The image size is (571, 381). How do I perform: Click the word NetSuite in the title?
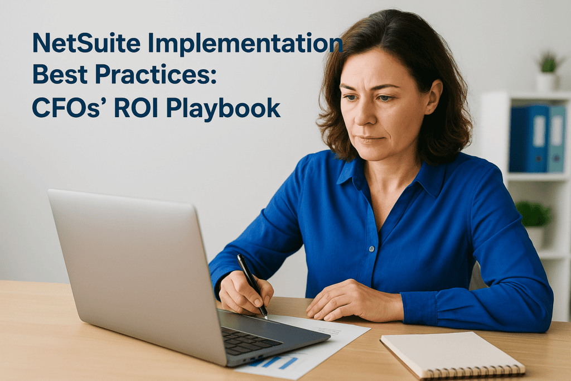pos(86,43)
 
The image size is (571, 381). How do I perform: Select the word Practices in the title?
pos(156,74)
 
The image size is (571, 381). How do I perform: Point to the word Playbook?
pos(223,109)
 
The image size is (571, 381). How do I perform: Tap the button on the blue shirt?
pos(371,249)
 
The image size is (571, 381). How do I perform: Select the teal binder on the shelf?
pos(557,139)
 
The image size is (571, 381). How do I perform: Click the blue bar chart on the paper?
pos(278,362)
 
